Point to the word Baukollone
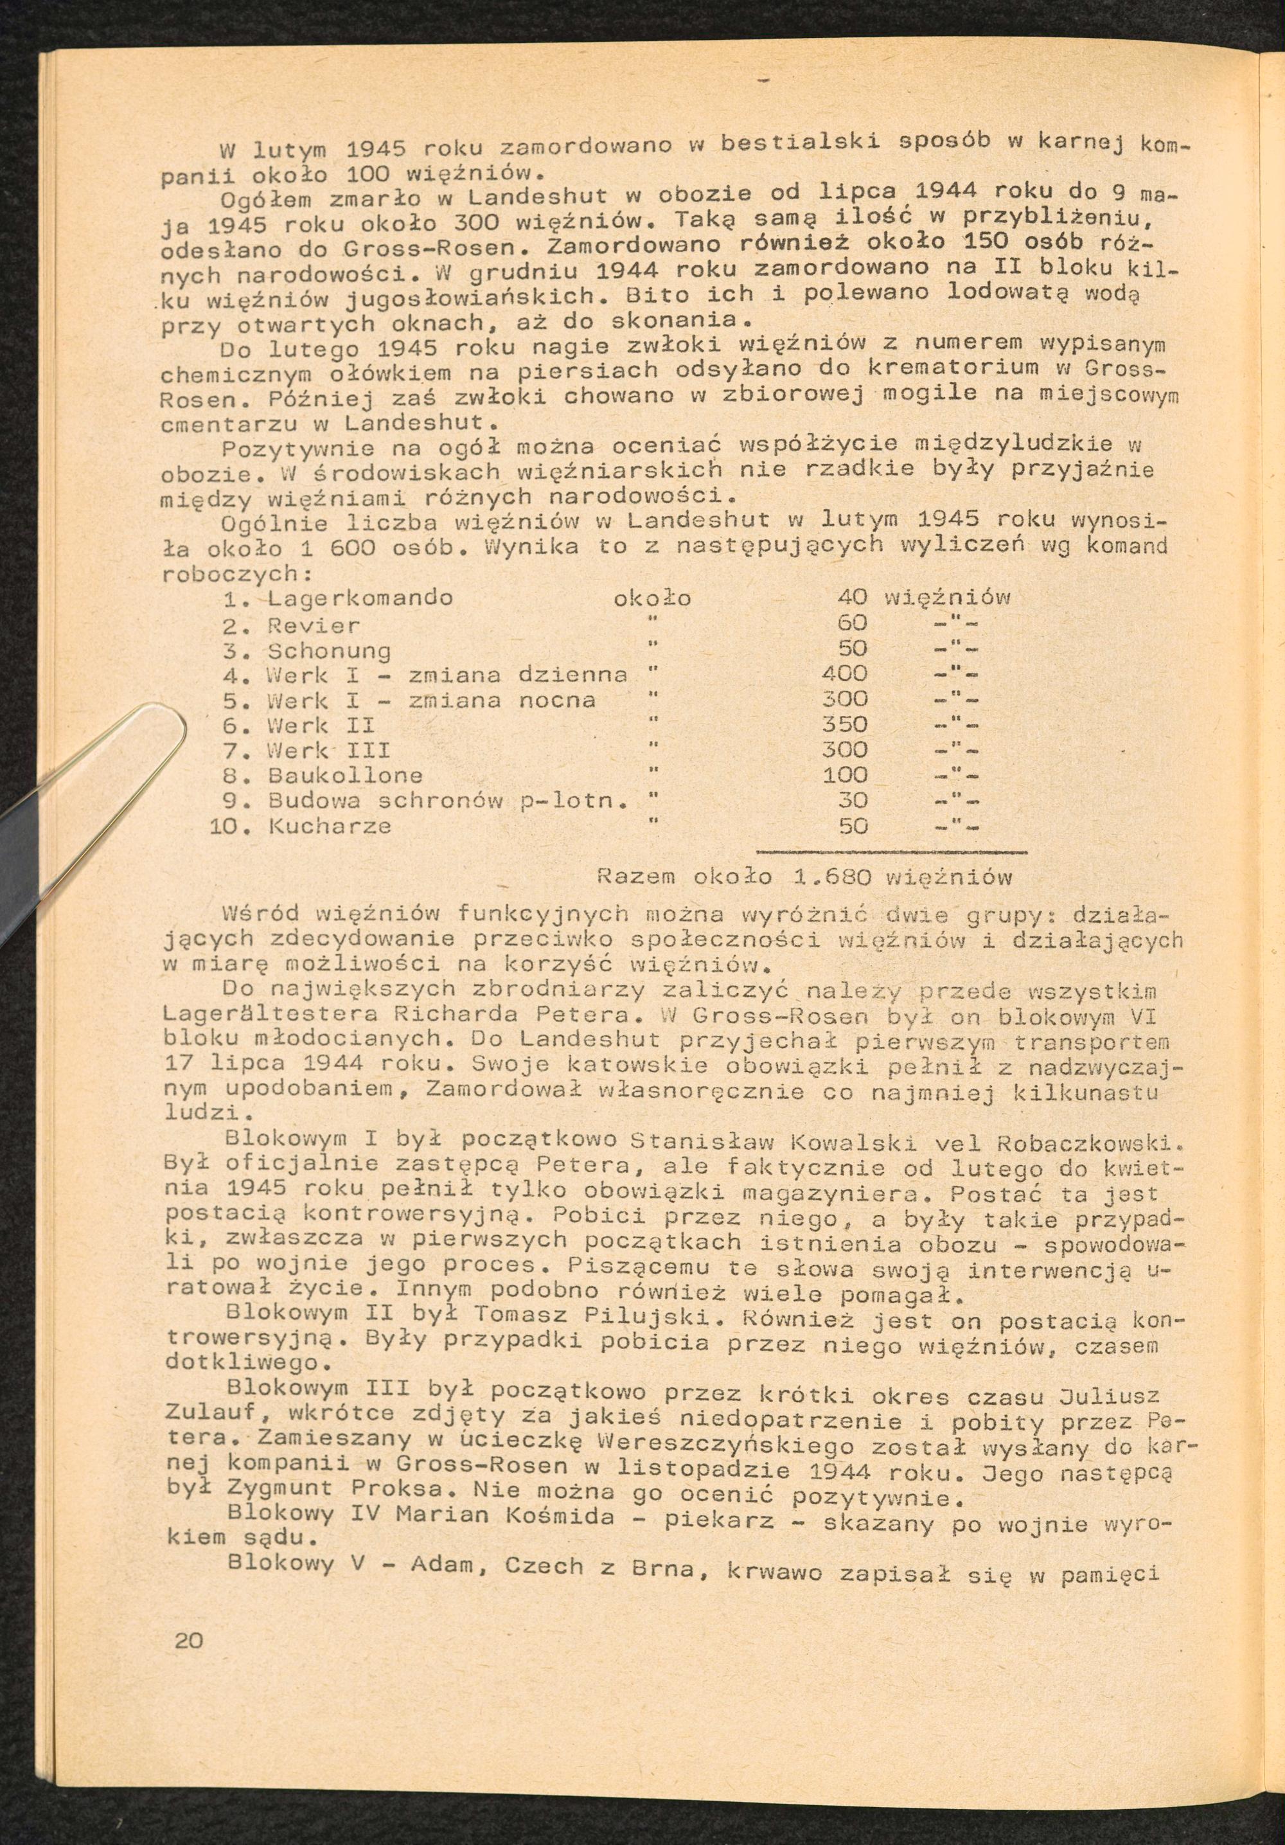click(346, 776)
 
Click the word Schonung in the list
click(330, 649)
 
